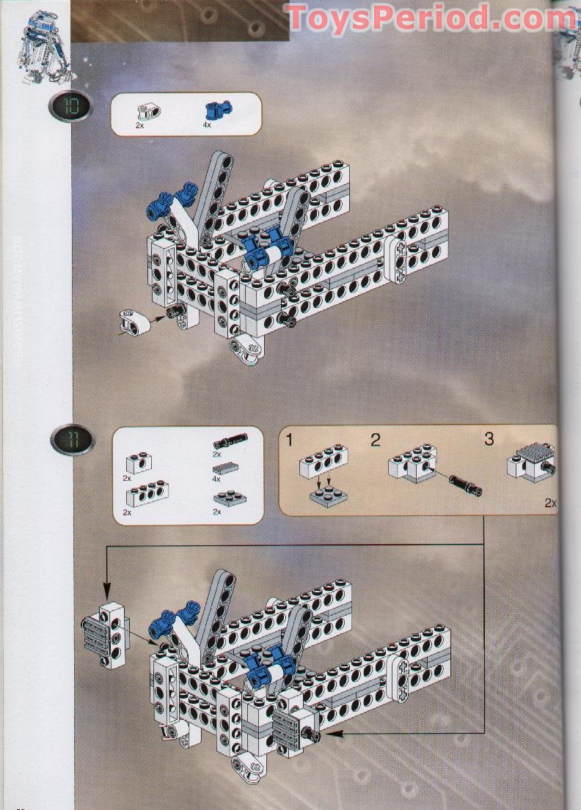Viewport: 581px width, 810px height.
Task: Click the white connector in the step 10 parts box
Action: coord(148,111)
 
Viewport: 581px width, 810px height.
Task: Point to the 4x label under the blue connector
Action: coord(207,125)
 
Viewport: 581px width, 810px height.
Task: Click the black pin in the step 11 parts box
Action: coord(230,441)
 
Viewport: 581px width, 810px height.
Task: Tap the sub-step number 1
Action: coord(290,441)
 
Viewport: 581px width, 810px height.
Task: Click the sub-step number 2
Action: coord(375,441)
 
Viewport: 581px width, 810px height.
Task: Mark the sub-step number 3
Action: coord(489,439)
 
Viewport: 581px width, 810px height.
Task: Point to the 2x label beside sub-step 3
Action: coord(550,503)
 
